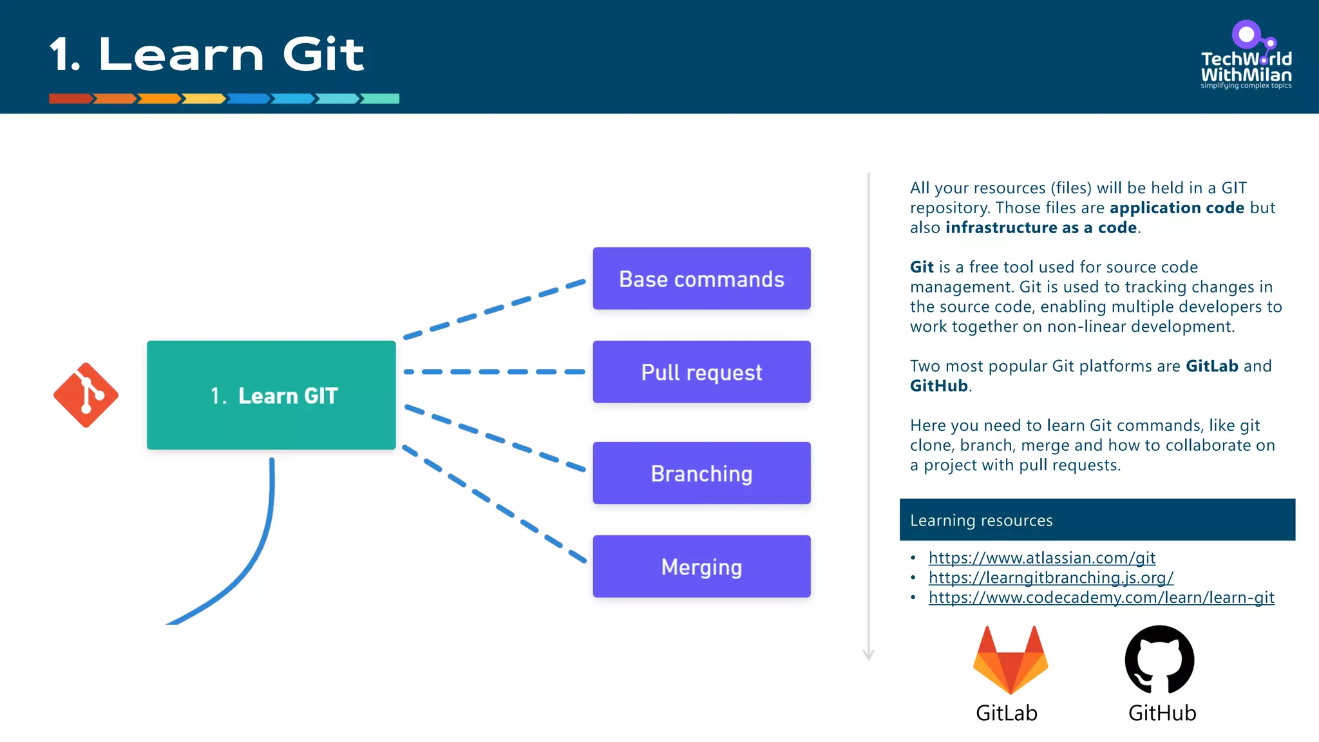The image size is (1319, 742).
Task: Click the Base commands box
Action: coord(701,278)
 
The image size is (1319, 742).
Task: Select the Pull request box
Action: coord(701,372)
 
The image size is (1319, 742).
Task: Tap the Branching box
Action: coord(701,473)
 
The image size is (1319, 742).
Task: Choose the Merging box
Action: coord(701,566)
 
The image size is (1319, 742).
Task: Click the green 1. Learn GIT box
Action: coord(271,395)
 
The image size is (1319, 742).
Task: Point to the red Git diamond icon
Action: coord(86,395)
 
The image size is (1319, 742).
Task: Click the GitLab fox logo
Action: coord(1010,660)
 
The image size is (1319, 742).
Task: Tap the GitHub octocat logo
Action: coord(1159,659)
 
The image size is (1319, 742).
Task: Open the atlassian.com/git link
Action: coord(1041,558)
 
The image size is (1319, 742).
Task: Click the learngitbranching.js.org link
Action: coord(1050,578)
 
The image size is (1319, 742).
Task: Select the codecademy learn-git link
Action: coord(1101,598)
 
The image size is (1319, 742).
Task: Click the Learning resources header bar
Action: coord(1097,520)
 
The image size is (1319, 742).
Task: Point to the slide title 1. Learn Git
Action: coord(207,54)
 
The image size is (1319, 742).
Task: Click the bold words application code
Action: coord(1177,208)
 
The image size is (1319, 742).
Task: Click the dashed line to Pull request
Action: coord(494,372)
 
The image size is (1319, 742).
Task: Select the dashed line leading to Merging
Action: coord(494,504)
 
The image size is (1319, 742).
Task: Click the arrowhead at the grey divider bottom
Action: coord(868,656)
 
